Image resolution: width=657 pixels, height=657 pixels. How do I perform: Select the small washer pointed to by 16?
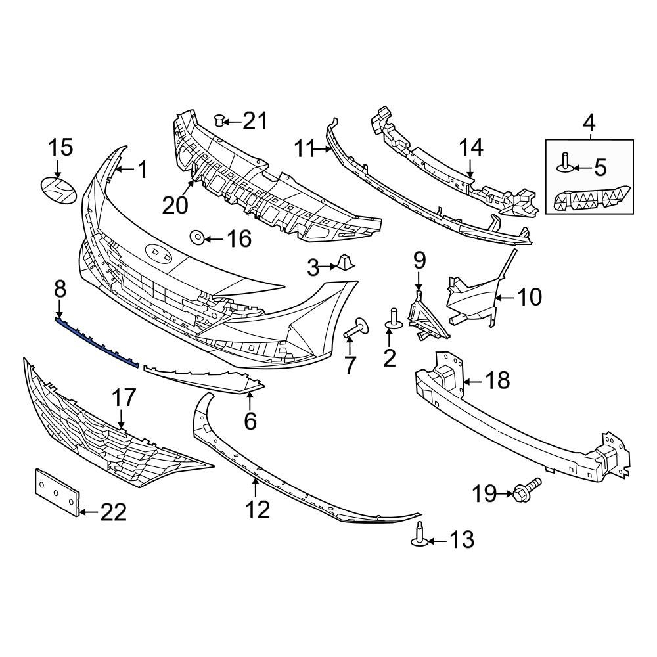click(196, 237)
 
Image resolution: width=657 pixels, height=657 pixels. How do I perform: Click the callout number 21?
click(256, 121)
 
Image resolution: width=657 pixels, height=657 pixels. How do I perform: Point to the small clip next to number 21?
click(221, 120)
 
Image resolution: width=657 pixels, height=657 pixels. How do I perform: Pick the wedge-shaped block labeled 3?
click(344, 263)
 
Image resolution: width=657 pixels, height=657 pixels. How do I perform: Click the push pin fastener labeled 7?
click(355, 328)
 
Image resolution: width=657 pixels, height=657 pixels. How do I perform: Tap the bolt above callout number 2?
click(394, 318)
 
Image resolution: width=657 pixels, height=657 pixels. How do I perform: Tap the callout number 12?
click(258, 509)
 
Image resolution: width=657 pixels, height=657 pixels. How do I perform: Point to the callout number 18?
click(497, 380)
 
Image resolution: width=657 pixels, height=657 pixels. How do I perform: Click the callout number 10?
click(530, 297)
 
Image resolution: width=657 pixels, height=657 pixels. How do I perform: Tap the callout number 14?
click(470, 147)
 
